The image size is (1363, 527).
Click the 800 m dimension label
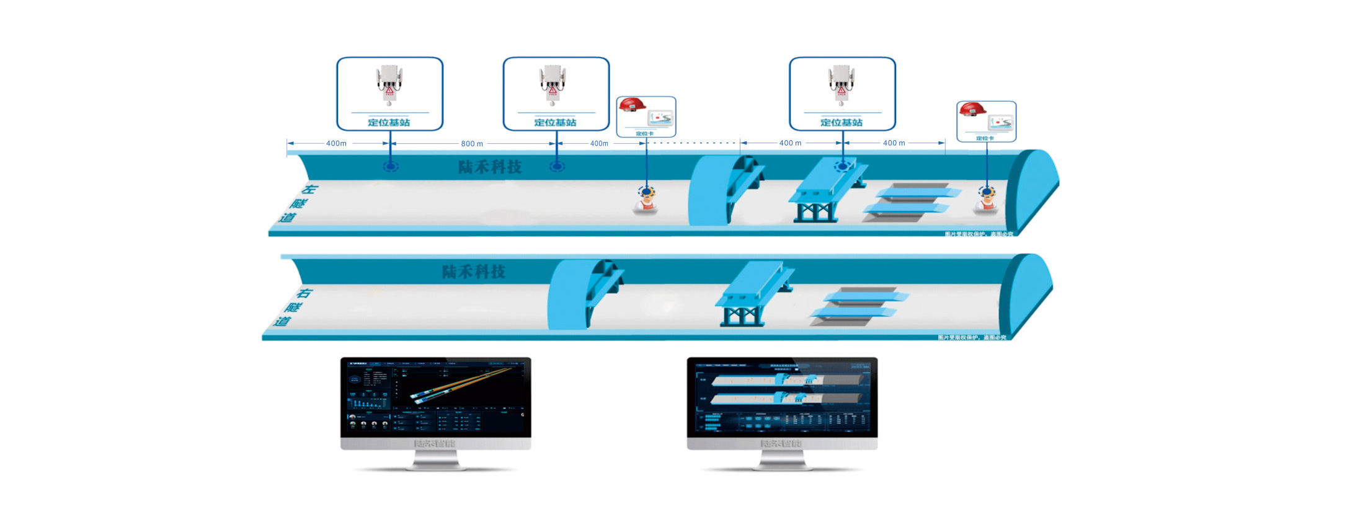click(471, 143)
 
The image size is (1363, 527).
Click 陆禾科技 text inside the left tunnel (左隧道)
click(489, 167)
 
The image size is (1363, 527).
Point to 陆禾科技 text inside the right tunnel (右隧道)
click(473, 272)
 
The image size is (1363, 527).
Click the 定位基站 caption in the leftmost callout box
click(389, 122)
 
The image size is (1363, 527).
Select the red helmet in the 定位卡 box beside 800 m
click(631, 106)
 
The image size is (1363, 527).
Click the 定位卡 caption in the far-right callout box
click(985, 138)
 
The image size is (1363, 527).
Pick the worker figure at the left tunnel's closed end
click(985, 200)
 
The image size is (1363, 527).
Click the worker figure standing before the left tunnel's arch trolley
click(646, 200)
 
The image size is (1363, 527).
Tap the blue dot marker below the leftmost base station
click(390, 166)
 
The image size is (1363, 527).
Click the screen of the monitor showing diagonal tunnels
click(435, 397)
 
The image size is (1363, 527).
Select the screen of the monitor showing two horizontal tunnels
click(782, 397)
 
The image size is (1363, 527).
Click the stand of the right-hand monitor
click(782, 460)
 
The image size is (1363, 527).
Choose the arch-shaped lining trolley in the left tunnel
click(722, 189)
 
